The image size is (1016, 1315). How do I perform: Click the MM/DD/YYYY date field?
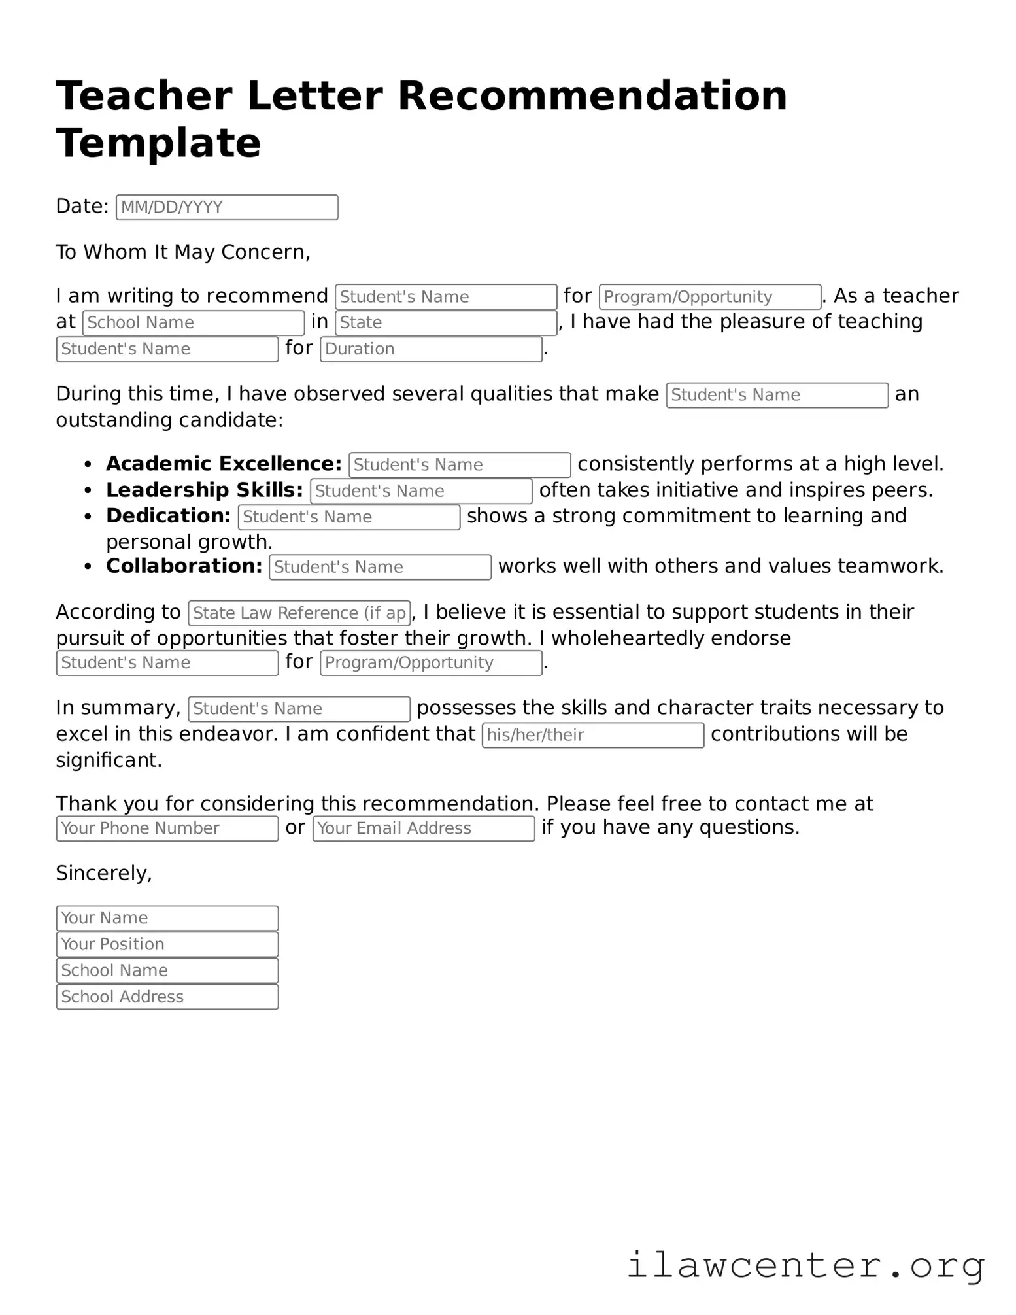(x=227, y=207)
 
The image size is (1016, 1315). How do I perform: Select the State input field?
(x=446, y=322)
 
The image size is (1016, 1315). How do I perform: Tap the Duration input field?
(x=431, y=349)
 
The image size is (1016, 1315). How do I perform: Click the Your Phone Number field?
(x=167, y=828)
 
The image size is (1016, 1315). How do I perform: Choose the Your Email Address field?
(x=424, y=828)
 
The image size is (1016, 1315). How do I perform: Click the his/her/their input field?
(x=592, y=734)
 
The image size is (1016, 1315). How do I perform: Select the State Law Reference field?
(x=299, y=613)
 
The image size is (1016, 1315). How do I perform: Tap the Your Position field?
(x=167, y=944)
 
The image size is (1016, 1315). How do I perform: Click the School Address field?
(x=167, y=996)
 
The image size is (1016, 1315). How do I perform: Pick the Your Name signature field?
(x=167, y=917)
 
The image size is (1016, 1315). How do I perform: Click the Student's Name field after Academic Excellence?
(x=460, y=464)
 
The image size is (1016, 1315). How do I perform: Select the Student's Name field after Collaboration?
(x=380, y=566)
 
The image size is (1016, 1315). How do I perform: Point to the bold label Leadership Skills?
(x=204, y=490)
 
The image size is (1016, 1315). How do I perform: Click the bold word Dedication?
(x=168, y=516)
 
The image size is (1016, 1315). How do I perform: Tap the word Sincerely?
(x=104, y=873)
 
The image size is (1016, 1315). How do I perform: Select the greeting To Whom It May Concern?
(x=183, y=252)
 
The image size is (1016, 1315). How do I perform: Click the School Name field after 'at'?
(x=193, y=322)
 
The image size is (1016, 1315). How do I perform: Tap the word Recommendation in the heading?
(x=592, y=95)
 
